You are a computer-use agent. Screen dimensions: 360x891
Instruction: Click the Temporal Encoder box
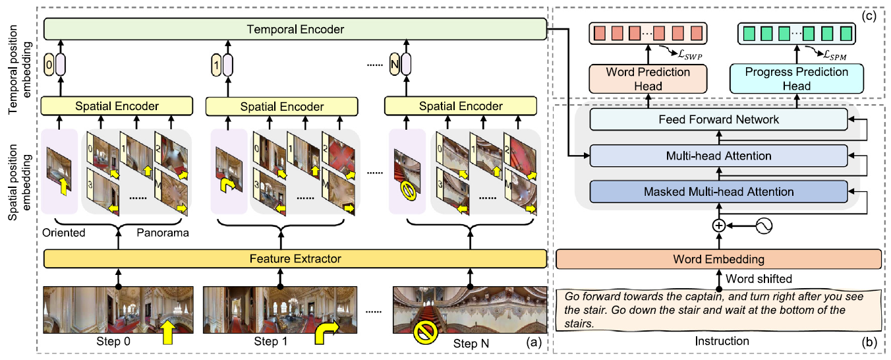295,28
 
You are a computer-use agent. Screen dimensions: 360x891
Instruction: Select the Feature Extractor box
295,258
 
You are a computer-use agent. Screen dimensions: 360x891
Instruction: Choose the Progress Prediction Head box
796,78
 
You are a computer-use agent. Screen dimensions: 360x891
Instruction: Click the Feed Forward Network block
718,119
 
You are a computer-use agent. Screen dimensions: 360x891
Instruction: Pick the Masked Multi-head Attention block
718,191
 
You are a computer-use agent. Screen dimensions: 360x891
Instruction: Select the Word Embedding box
718,258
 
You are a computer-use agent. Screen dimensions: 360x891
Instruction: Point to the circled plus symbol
718,226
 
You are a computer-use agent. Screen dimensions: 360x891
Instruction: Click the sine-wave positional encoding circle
764,226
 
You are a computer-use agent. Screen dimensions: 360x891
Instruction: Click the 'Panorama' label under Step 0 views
161,232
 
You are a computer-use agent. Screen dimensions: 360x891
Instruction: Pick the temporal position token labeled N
395,65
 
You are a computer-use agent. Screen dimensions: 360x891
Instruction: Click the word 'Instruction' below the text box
722,341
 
